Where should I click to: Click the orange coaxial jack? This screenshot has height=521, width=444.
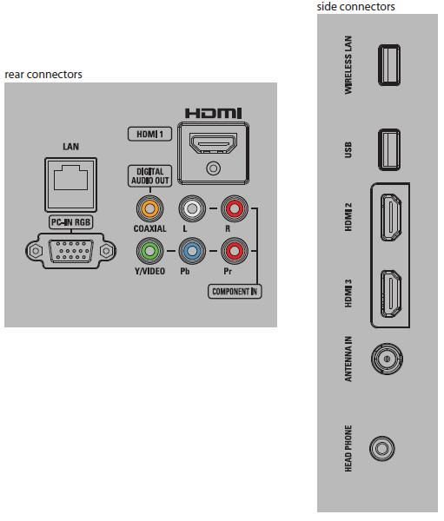(x=149, y=208)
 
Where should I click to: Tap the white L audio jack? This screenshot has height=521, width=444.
(x=192, y=208)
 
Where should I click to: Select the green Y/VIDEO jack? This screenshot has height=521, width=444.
(x=149, y=251)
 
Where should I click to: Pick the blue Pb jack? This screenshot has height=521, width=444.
(x=192, y=251)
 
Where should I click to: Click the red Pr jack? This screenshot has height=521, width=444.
(x=235, y=251)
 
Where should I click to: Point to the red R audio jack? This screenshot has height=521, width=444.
(x=235, y=208)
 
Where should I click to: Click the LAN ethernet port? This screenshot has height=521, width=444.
(x=71, y=185)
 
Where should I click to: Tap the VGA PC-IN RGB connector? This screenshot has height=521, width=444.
(x=71, y=251)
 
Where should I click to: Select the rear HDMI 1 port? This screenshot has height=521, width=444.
(x=213, y=143)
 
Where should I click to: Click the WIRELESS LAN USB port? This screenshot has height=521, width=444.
(x=389, y=65)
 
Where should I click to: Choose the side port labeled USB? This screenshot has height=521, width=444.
(x=389, y=150)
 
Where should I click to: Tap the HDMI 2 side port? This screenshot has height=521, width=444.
(x=391, y=218)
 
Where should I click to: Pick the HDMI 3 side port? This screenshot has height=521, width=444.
(x=391, y=293)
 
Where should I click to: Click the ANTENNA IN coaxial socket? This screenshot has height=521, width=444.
(x=387, y=359)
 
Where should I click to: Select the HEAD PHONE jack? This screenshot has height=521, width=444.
(x=382, y=449)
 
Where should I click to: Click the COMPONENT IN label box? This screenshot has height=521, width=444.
(x=235, y=292)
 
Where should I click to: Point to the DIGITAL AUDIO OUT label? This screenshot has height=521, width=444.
(x=150, y=176)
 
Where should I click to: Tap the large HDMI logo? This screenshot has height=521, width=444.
(x=213, y=113)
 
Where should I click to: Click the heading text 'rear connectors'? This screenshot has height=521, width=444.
(x=43, y=75)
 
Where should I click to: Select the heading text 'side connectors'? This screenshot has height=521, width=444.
(x=356, y=7)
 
